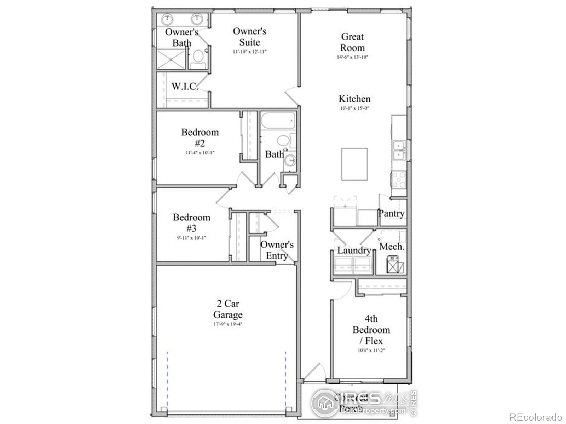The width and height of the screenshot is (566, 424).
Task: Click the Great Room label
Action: point(352,42)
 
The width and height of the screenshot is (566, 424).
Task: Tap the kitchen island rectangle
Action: point(354,164)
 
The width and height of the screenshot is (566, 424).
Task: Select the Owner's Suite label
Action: point(249,36)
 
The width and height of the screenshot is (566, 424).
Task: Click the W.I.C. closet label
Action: point(184,86)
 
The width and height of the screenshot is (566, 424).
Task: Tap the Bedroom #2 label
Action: point(200,137)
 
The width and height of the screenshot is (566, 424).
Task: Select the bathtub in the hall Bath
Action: point(278,121)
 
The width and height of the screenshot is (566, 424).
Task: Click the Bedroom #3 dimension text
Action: point(191,238)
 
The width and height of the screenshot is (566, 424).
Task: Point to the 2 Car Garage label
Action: point(228,309)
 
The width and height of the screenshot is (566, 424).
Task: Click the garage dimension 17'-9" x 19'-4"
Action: point(228,324)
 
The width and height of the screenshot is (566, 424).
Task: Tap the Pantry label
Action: point(391,213)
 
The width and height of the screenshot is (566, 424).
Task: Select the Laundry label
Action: point(354,251)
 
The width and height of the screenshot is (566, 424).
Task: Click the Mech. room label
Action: point(392,247)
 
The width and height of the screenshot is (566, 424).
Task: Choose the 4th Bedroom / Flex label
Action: point(371,330)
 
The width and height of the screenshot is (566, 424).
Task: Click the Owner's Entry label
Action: point(277,250)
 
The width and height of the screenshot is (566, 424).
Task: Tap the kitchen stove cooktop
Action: point(399,180)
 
